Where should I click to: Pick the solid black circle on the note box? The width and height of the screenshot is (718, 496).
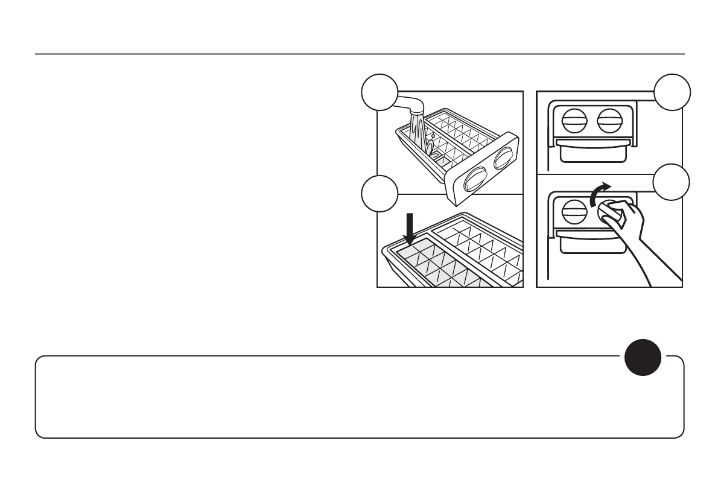(x=642, y=355)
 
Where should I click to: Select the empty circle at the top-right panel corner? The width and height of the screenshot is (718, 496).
(x=672, y=92)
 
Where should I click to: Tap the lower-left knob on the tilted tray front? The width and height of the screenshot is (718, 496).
(x=474, y=179)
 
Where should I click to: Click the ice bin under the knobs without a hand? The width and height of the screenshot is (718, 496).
(x=588, y=151)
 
